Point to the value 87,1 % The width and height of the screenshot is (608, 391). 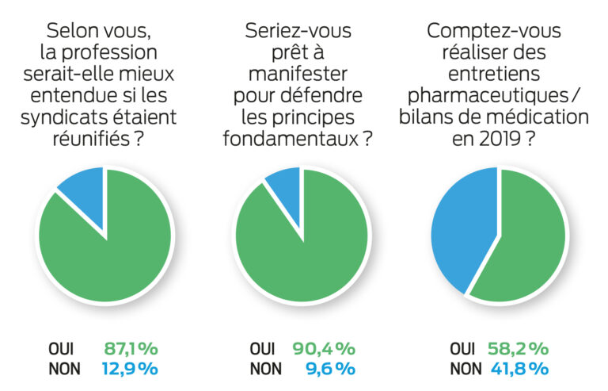point(131,348)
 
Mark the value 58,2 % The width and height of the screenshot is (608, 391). point(519,348)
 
